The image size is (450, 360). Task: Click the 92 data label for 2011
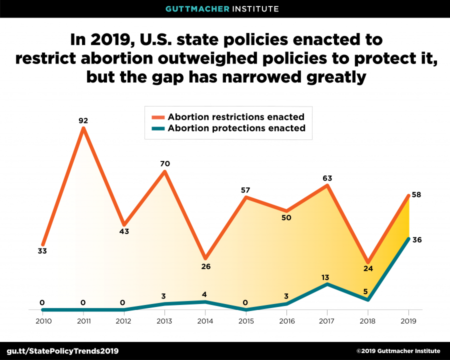tap(83, 120)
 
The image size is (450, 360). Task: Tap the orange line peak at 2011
tap(83, 128)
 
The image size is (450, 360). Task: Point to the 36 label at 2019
tap(417, 240)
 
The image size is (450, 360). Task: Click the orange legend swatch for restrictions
tap(158, 117)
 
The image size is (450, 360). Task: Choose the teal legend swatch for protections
tap(158, 128)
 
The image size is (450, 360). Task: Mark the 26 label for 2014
tap(205, 266)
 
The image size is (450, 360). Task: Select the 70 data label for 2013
tap(164, 163)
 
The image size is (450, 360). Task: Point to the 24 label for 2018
tap(368, 269)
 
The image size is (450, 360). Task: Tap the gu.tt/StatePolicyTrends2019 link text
tap(62, 350)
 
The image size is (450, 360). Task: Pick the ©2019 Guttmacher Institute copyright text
tap(398, 351)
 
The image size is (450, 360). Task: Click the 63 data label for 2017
tap(327, 177)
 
